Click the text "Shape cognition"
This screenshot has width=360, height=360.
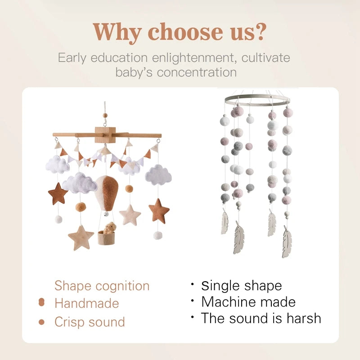(102, 286)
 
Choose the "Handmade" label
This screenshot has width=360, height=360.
(86, 303)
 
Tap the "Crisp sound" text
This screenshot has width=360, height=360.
(90, 322)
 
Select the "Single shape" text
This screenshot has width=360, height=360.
(241, 285)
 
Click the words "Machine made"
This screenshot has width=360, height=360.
(248, 301)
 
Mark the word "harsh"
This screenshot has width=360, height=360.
(300, 318)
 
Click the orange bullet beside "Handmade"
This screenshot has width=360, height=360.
(41, 303)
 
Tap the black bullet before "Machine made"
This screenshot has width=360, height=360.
(192, 300)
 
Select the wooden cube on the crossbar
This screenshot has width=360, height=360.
(105, 134)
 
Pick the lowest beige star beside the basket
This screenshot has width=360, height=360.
(81, 237)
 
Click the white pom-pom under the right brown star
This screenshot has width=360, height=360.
(157, 235)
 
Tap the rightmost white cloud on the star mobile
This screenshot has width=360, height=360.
(158, 175)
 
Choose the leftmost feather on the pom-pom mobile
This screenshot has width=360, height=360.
(224, 223)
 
